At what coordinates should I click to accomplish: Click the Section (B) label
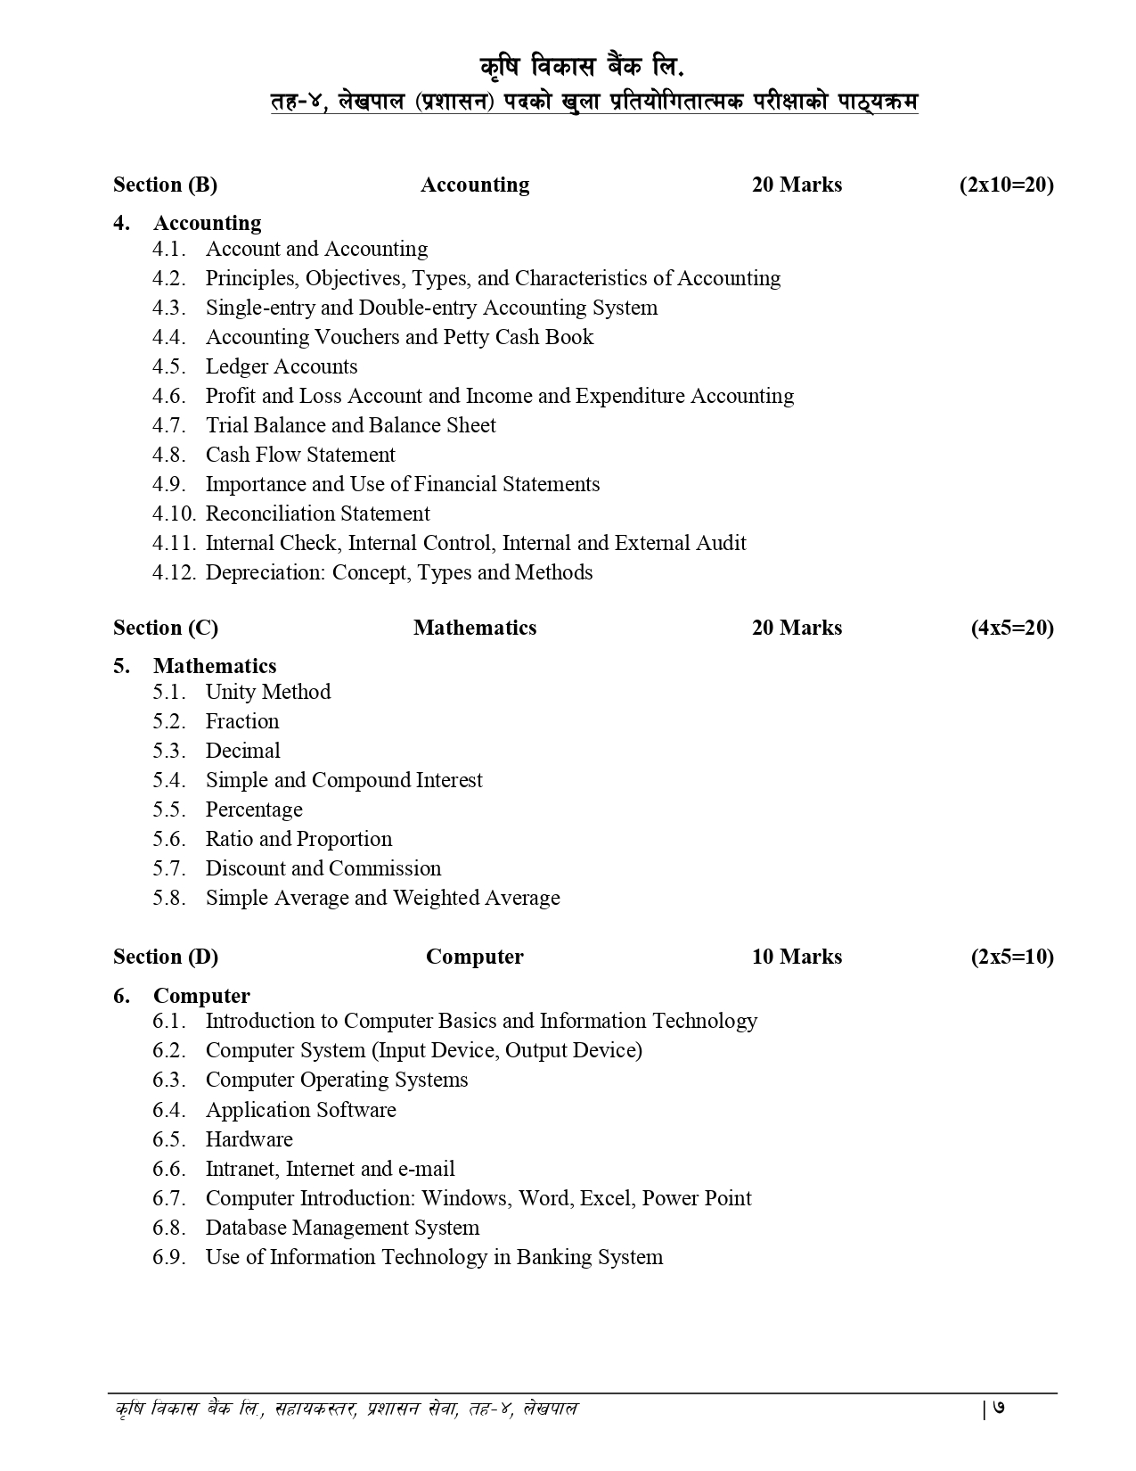click(x=165, y=185)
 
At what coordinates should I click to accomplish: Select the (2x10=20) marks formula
click(x=1006, y=185)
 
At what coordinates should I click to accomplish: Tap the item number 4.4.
click(x=168, y=337)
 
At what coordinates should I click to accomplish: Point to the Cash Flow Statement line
click(x=300, y=455)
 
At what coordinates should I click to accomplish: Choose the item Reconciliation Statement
click(x=317, y=514)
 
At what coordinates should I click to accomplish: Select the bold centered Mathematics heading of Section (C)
click(x=475, y=628)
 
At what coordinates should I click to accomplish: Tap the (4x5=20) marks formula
click(x=1012, y=628)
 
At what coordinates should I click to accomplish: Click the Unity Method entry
click(x=267, y=692)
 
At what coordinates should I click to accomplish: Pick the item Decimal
click(x=242, y=751)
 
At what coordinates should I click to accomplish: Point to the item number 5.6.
click(x=168, y=839)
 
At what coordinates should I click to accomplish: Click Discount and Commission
click(x=323, y=868)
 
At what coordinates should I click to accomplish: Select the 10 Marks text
click(x=797, y=957)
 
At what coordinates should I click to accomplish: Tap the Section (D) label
click(x=166, y=957)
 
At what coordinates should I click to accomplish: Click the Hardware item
click(x=249, y=1139)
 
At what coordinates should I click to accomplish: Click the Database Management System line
click(x=342, y=1228)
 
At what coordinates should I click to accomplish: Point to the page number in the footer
click(x=999, y=1409)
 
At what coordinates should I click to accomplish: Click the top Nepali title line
click(x=585, y=67)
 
